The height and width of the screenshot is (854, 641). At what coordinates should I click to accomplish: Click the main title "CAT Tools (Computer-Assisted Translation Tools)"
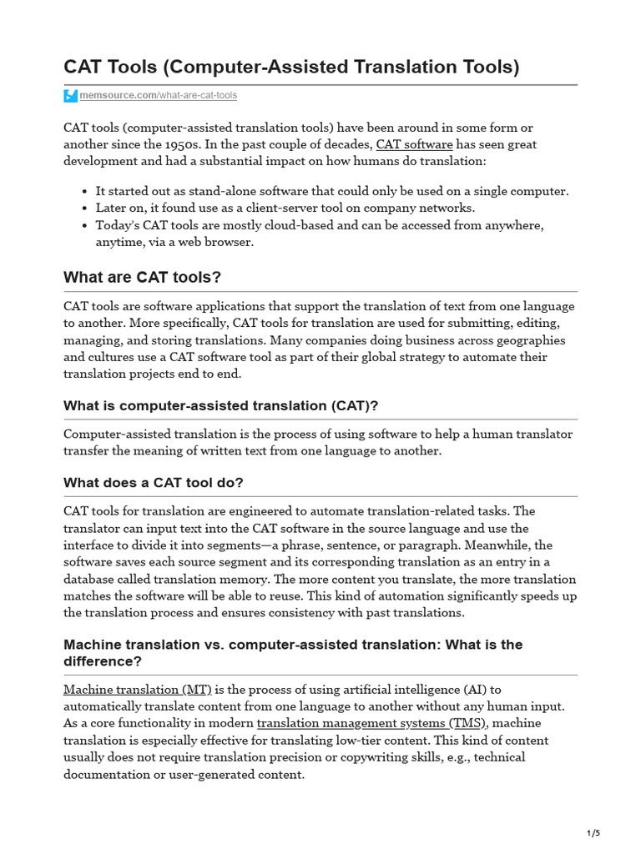(x=291, y=67)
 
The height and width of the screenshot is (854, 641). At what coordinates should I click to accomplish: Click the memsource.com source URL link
(x=158, y=96)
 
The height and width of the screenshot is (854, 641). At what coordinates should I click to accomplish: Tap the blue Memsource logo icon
(x=70, y=96)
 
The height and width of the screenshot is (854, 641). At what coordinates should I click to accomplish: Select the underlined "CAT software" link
(x=414, y=144)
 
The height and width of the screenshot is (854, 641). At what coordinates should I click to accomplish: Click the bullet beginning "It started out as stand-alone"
(x=332, y=191)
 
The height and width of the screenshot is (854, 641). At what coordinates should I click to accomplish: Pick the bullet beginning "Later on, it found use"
(x=285, y=208)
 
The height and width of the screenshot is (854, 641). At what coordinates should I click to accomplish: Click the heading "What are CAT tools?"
(x=143, y=277)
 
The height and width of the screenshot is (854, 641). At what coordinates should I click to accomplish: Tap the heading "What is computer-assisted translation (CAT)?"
(x=221, y=405)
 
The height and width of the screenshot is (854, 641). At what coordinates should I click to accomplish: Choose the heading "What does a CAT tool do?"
(x=154, y=483)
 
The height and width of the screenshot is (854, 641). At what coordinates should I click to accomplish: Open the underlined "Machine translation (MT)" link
(x=138, y=690)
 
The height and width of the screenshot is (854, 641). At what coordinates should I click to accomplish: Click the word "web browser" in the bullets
(x=215, y=242)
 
